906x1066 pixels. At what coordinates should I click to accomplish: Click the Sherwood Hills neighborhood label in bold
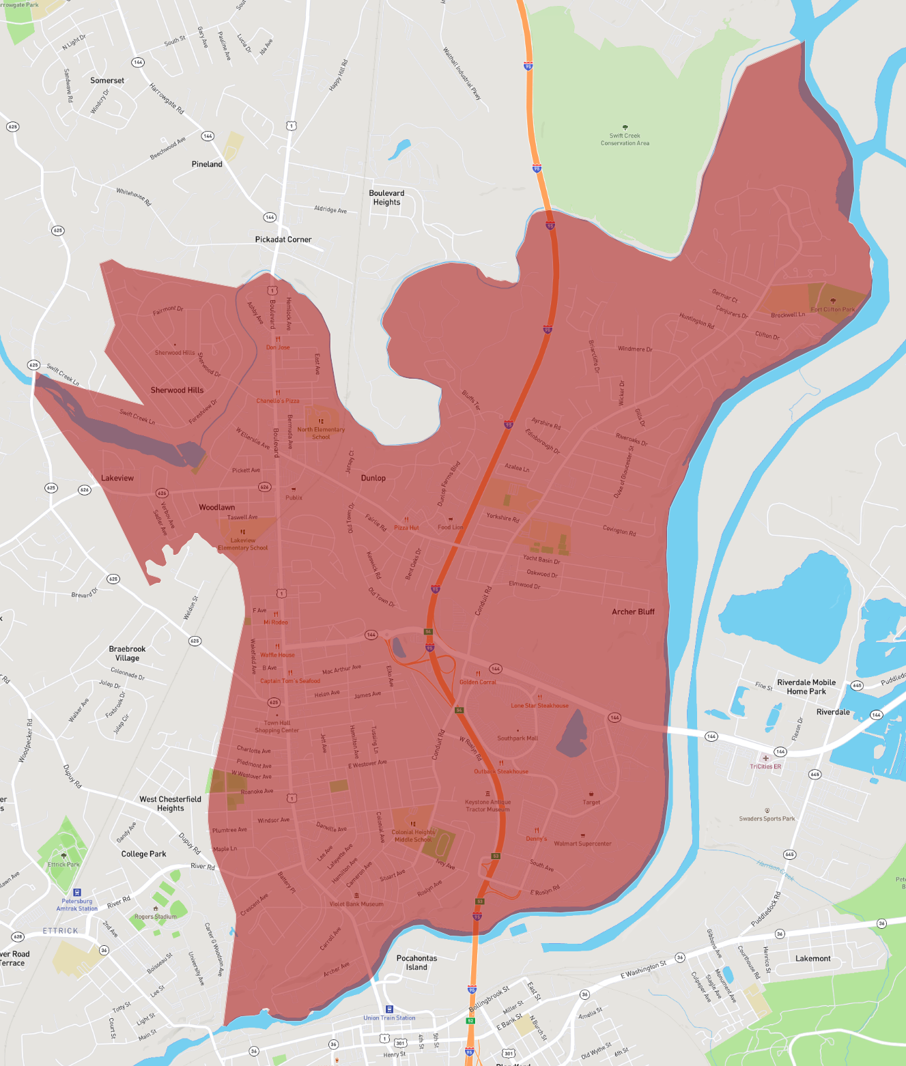[177, 390]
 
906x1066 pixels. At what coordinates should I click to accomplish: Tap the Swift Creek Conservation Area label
[625, 139]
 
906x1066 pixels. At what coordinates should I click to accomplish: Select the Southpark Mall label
[518, 738]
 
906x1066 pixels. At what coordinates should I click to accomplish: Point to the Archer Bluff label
[633, 611]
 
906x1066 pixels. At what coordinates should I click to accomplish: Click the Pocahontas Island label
[416, 962]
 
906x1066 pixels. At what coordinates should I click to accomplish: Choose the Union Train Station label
[389, 1018]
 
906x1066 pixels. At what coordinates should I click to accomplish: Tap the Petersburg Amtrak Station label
[76, 904]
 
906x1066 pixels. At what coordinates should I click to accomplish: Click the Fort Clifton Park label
[832, 309]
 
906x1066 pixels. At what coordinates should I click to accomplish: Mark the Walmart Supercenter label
[582, 844]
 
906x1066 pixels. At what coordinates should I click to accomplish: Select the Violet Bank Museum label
[356, 904]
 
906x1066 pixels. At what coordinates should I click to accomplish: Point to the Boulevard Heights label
[386, 198]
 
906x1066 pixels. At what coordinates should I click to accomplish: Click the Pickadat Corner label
[283, 240]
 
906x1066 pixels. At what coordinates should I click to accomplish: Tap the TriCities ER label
[765, 766]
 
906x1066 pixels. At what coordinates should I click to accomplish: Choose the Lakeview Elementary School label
[243, 543]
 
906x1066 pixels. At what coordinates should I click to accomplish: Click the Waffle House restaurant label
[277, 654]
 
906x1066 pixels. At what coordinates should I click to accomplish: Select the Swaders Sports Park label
[767, 818]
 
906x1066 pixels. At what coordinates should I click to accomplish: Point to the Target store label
[591, 802]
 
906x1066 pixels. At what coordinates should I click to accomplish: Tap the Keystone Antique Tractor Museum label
[487, 805]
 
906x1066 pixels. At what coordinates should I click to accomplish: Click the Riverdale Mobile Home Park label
[806, 687]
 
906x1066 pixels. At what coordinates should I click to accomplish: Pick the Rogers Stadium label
[156, 917]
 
